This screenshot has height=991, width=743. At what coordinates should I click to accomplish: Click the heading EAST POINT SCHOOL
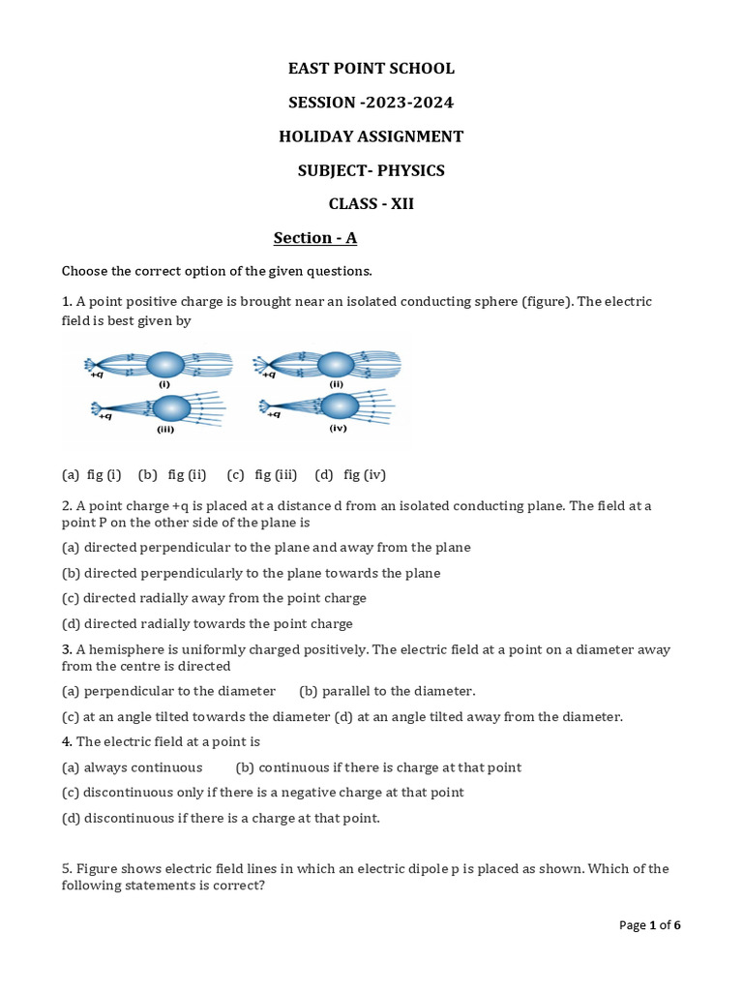coord(371,68)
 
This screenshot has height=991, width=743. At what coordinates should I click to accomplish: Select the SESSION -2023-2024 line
coord(371,103)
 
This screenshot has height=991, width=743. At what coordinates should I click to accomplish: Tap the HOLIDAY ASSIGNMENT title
coord(371,136)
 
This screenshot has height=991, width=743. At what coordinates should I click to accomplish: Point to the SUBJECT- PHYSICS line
coord(371,170)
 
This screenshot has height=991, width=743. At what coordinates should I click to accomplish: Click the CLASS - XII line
coord(371,204)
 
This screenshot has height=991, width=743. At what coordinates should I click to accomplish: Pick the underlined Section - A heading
coord(315,238)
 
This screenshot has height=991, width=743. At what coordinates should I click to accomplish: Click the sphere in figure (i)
coord(165,365)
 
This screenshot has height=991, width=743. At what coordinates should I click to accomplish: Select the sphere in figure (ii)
coord(336,365)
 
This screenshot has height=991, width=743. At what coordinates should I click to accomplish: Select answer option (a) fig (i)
coord(92,474)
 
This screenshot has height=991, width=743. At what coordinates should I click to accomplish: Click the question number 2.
coord(66,505)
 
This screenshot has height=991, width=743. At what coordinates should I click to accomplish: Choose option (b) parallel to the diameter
coord(387,691)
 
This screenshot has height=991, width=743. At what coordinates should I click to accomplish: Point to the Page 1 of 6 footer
coord(650,925)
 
